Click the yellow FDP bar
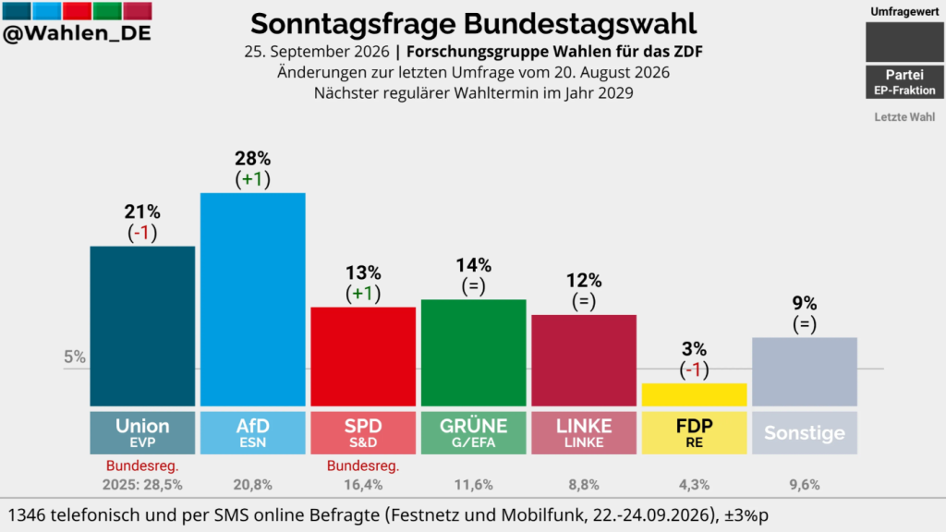(x=694, y=394)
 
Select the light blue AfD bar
(x=253, y=299)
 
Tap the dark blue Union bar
(x=142, y=326)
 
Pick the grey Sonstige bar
(x=805, y=371)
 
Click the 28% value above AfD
(x=253, y=159)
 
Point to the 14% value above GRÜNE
(x=474, y=265)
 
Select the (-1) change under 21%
(x=142, y=233)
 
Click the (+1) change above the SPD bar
(x=363, y=294)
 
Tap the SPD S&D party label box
(x=363, y=432)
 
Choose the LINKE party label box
(x=584, y=432)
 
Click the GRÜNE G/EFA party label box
(x=474, y=432)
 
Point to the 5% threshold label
(x=75, y=357)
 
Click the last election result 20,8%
(x=253, y=485)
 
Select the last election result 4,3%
(x=694, y=485)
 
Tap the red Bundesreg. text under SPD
(x=363, y=465)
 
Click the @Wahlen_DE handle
(x=77, y=34)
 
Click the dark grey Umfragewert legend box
(x=904, y=42)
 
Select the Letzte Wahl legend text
(x=904, y=117)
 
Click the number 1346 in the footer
(x=27, y=515)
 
